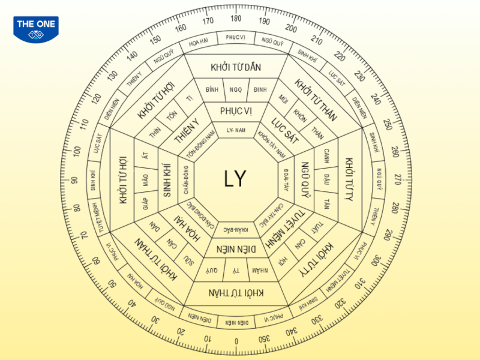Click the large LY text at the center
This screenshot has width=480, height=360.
point(235,178)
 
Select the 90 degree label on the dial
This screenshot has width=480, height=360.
point(75,179)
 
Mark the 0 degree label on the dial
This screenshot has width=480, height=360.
point(236,341)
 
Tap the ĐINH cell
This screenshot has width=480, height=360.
point(260,89)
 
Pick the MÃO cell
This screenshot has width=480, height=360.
point(145,178)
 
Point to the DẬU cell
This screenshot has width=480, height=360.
point(326,178)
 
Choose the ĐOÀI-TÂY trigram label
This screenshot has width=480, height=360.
point(286,178)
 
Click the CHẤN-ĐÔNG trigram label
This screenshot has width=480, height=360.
point(186,179)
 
